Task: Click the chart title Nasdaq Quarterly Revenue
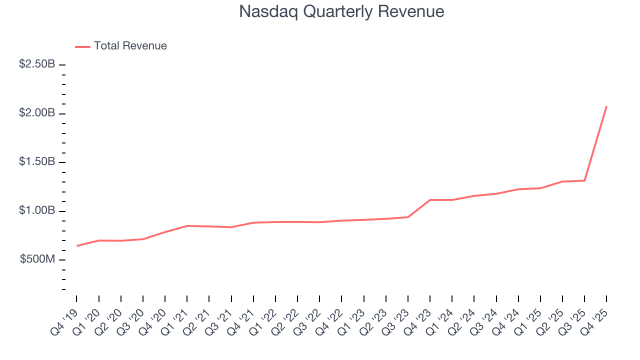tap(341, 11)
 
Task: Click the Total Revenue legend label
tap(130, 46)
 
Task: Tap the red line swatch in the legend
tap(82, 46)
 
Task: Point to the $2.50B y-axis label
tap(37, 64)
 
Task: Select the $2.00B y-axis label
tap(37, 113)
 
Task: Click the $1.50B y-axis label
tap(37, 162)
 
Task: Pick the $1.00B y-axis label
tap(37, 211)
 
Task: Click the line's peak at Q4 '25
tap(606, 106)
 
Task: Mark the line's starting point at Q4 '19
tap(77, 245)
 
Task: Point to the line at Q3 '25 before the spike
tap(584, 180)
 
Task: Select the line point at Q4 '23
tap(430, 200)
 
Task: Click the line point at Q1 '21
tap(187, 226)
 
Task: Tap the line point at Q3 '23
tap(408, 217)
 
